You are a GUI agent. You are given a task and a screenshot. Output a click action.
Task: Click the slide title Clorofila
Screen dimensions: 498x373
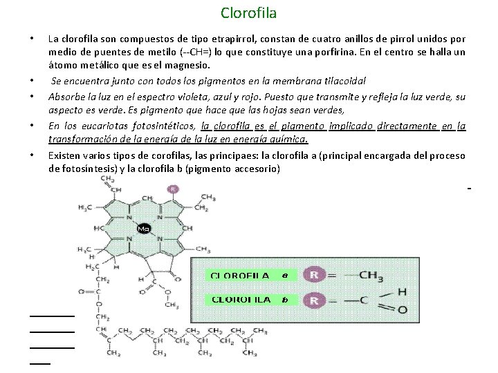coord(248,12)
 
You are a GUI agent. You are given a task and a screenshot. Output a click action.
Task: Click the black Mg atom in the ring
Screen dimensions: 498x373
coord(144,228)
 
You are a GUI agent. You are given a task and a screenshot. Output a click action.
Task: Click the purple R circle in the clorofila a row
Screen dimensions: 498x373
coord(315,275)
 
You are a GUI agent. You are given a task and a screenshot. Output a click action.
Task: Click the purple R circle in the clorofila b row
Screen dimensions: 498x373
coord(315,300)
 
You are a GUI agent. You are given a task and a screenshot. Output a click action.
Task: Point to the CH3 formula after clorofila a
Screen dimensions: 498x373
coord(371,275)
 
